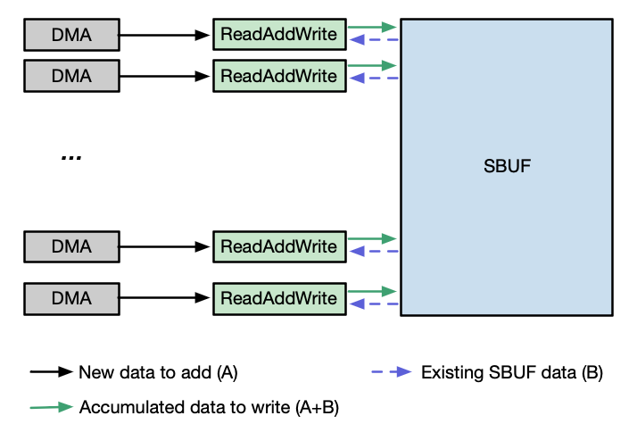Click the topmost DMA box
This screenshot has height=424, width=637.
70,36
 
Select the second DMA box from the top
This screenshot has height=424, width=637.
70,76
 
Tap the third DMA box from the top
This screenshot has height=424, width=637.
70,245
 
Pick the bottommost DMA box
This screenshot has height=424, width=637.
70,298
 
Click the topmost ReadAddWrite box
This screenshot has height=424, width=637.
278,36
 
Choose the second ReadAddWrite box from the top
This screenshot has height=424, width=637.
278,76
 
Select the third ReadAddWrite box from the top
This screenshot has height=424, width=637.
278,245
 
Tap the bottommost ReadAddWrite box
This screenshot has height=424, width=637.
278,298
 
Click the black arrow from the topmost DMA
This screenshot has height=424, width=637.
165,36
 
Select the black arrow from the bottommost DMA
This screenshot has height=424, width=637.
165,298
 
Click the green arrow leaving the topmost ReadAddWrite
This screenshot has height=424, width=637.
371,27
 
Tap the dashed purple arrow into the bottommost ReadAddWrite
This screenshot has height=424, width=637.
373,304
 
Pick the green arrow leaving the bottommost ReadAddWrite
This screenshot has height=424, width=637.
371,291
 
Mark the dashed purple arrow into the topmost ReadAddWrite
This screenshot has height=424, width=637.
373,40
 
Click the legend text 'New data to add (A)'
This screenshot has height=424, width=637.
159,372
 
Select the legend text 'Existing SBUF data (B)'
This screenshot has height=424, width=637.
512,372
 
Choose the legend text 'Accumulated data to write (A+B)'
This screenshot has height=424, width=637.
210,407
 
